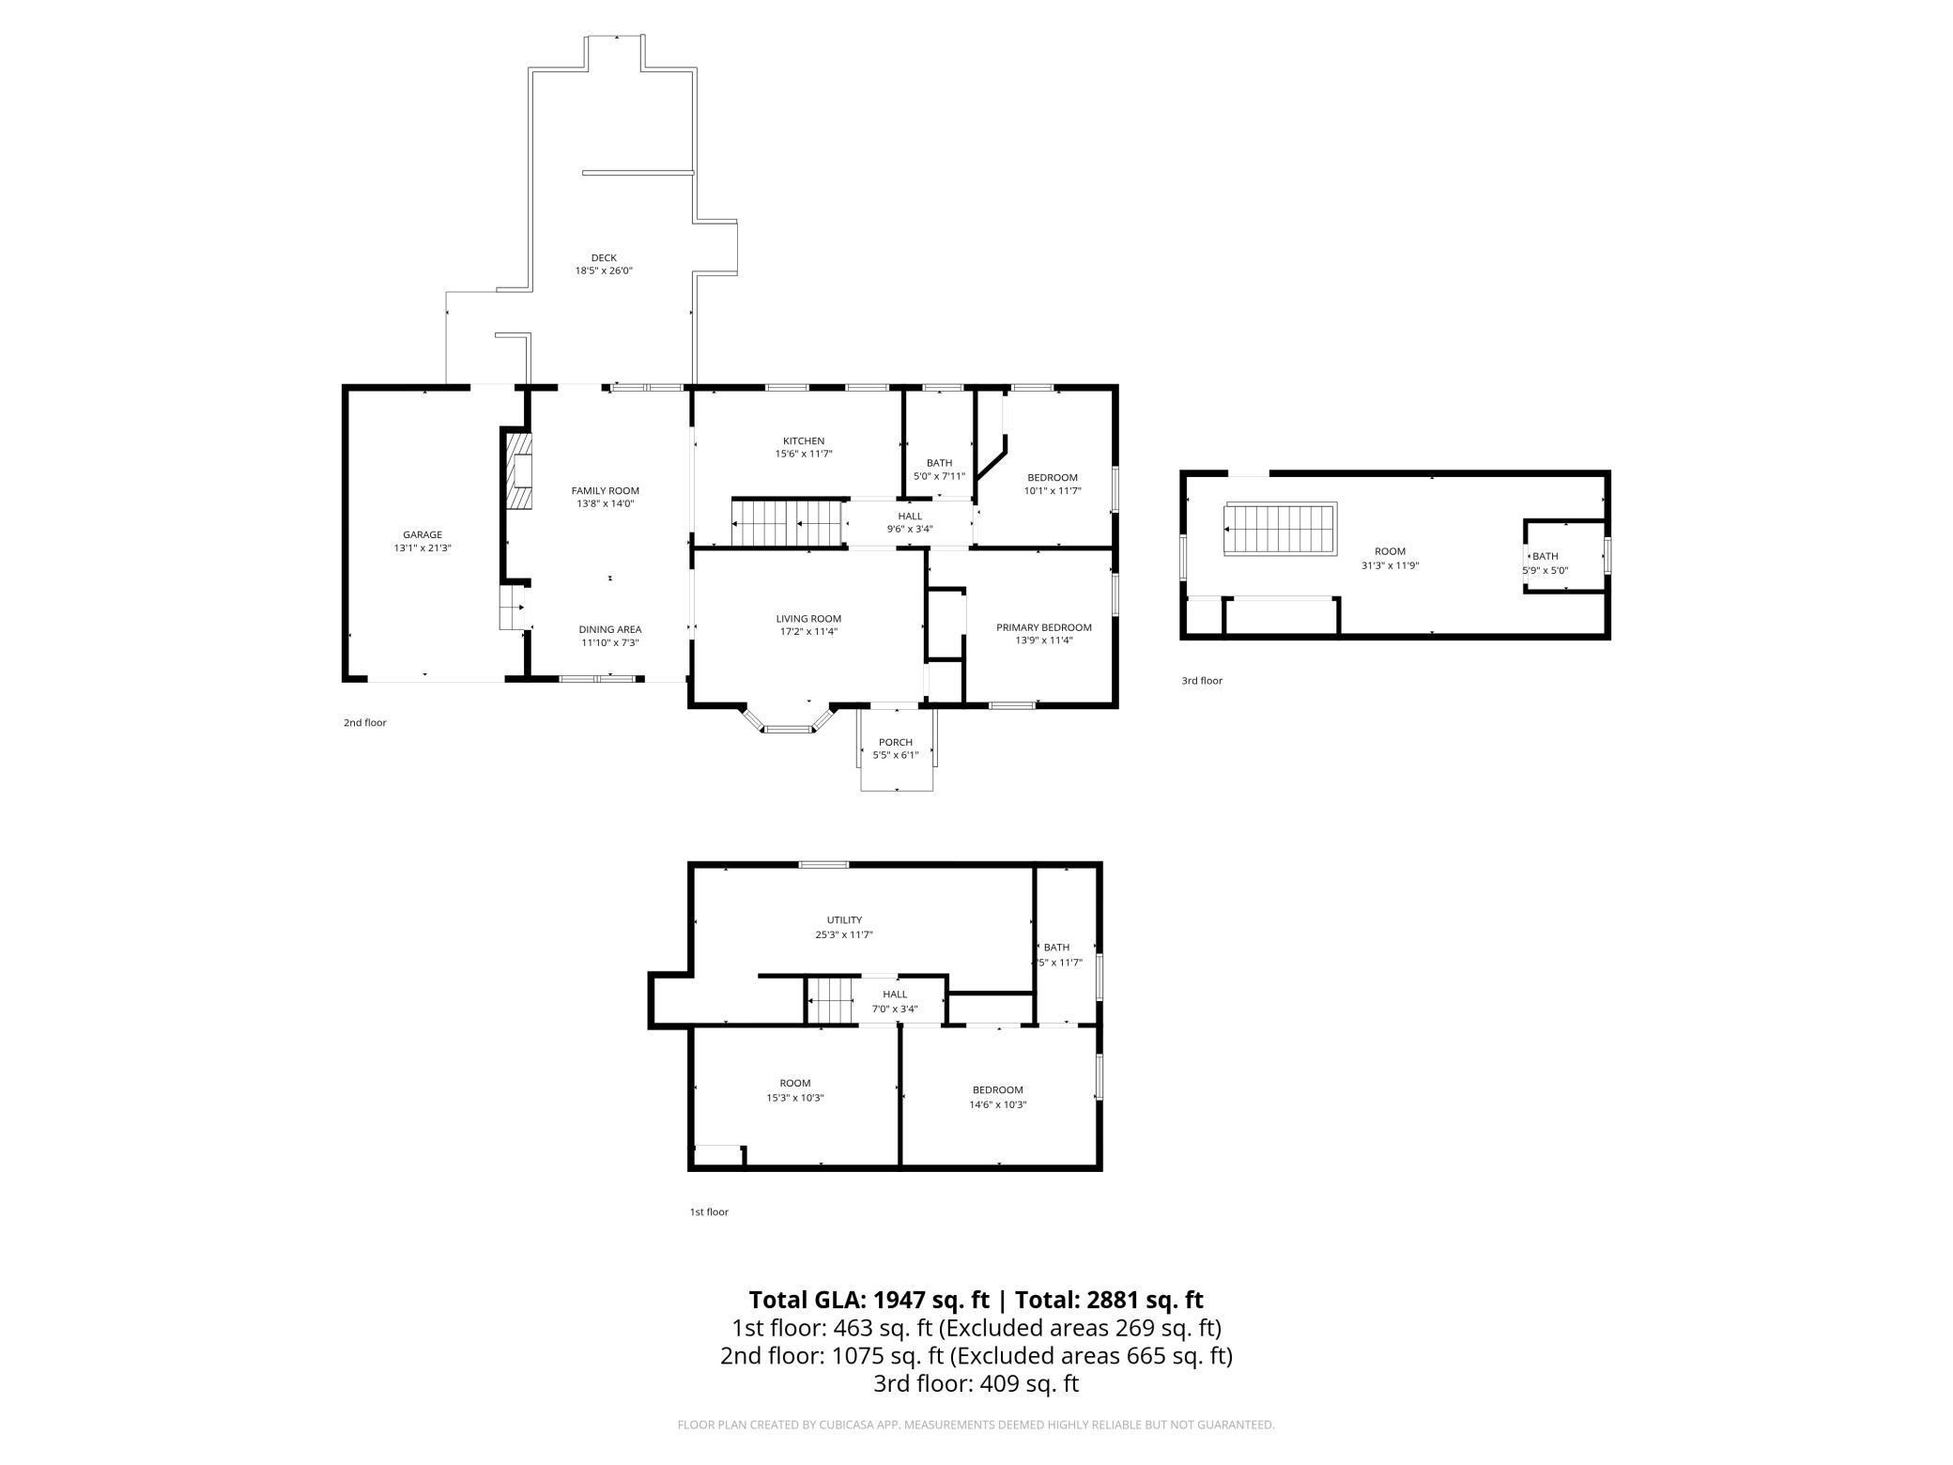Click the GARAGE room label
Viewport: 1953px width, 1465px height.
423,534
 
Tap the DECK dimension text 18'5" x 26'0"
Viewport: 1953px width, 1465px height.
604,270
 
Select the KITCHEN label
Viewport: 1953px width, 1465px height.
804,440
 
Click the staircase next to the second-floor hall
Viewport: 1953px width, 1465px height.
786,522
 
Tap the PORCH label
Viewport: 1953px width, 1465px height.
896,742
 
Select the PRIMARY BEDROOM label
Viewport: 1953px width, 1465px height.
1043,627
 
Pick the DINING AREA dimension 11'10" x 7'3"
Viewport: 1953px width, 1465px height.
609,643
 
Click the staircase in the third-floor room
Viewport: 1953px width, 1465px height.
1280,530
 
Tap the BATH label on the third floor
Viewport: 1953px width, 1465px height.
1545,556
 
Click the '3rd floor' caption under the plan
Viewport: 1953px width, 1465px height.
1202,681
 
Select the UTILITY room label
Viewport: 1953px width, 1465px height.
844,920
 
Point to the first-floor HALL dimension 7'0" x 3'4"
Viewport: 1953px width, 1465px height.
895,1010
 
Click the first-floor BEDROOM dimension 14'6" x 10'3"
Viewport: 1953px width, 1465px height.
997,1104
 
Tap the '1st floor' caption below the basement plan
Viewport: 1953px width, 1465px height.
709,1211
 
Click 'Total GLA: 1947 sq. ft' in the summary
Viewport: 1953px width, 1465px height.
869,1300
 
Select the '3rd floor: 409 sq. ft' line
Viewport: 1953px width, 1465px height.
976,1383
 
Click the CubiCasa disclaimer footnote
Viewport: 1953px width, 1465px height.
976,1425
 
